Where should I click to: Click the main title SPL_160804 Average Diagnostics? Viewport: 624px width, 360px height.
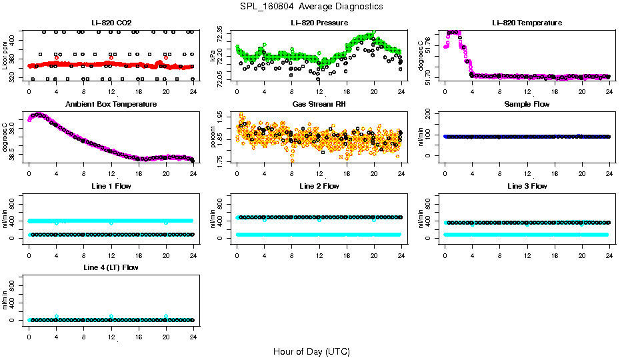(x=312, y=6)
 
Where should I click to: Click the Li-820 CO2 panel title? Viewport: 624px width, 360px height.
(x=111, y=23)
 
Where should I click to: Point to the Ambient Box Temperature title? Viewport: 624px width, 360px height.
(x=111, y=105)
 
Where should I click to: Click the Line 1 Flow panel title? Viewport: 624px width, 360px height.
(x=111, y=187)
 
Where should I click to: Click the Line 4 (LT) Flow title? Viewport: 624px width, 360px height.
(x=111, y=268)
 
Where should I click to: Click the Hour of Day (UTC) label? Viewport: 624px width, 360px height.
(x=311, y=351)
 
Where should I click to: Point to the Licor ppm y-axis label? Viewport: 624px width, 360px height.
(x=5, y=55)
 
